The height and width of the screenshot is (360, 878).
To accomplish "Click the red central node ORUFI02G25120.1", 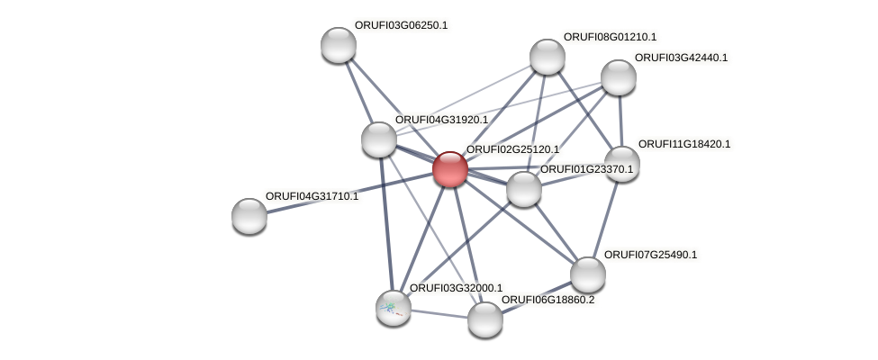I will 449,168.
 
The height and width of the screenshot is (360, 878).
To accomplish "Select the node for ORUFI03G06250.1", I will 339,45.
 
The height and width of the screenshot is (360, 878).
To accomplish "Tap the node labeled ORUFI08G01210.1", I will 547,57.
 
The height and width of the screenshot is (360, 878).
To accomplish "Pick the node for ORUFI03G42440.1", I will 618,77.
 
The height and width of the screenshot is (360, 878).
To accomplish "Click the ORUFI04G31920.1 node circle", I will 379,139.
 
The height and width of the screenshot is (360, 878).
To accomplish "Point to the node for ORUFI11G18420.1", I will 621,164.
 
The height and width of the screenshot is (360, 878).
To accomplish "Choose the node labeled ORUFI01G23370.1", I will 523,189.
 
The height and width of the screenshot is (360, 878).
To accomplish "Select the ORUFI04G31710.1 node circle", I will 249,216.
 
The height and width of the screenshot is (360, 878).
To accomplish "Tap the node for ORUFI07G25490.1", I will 587,274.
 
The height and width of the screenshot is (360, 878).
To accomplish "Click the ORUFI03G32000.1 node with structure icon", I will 394,308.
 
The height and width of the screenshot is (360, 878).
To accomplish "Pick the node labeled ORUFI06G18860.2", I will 484,319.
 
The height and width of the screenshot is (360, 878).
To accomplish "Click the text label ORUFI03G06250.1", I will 401,26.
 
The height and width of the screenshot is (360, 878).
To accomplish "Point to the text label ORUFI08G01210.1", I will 610,38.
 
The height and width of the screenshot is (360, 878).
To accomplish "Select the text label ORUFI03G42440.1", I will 681,58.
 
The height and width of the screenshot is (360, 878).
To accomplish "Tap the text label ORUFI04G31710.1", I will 312,196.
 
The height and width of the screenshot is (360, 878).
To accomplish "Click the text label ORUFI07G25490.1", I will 650,256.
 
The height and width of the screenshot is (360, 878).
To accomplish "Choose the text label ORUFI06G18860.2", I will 548,300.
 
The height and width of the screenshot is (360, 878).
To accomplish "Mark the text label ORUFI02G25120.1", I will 512,149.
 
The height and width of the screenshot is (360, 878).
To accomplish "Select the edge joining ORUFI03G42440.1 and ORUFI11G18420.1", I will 620,121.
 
